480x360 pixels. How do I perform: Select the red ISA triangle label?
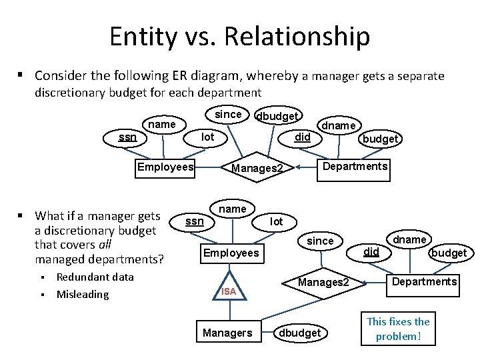tap(229, 291)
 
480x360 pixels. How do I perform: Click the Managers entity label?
tap(227, 333)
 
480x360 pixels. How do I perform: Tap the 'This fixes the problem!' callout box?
tap(399, 329)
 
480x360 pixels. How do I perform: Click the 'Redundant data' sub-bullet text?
tap(95, 277)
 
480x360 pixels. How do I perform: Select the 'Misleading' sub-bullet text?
tap(82, 294)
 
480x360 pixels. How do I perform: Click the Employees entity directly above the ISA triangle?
tap(231, 253)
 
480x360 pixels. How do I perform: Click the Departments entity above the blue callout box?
tap(425, 281)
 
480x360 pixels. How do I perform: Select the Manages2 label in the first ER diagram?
tap(257, 168)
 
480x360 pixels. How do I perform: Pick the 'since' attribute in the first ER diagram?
tap(228, 114)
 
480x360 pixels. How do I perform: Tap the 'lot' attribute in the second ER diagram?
tap(277, 221)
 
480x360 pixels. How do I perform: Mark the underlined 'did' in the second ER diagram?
tap(371, 252)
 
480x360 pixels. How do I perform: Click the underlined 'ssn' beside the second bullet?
tap(194, 221)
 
